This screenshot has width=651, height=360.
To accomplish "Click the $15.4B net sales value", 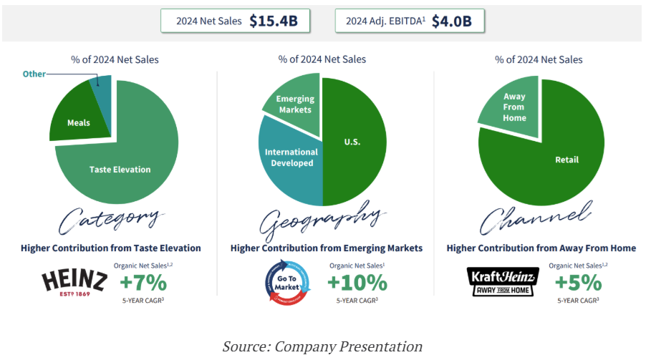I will [x=273, y=21].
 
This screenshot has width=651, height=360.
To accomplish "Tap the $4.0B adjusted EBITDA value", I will [x=451, y=21].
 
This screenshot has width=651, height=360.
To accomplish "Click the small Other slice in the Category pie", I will [x=103, y=92].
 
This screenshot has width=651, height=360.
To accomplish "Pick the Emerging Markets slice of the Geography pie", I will [x=293, y=106].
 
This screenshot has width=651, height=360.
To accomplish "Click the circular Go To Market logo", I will [x=289, y=282].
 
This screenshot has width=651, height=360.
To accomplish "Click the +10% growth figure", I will [x=357, y=283].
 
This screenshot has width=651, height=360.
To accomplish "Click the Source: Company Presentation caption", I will [x=322, y=346].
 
